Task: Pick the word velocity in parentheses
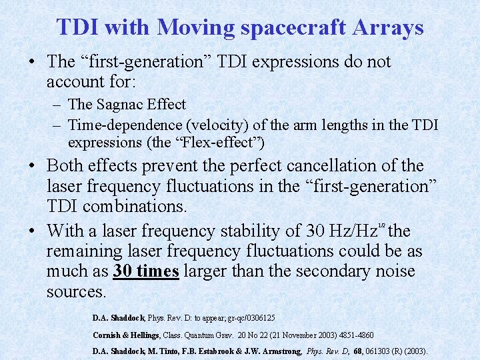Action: click(223, 124)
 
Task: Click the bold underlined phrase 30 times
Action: click(146, 272)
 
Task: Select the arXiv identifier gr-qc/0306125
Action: click(247, 319)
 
